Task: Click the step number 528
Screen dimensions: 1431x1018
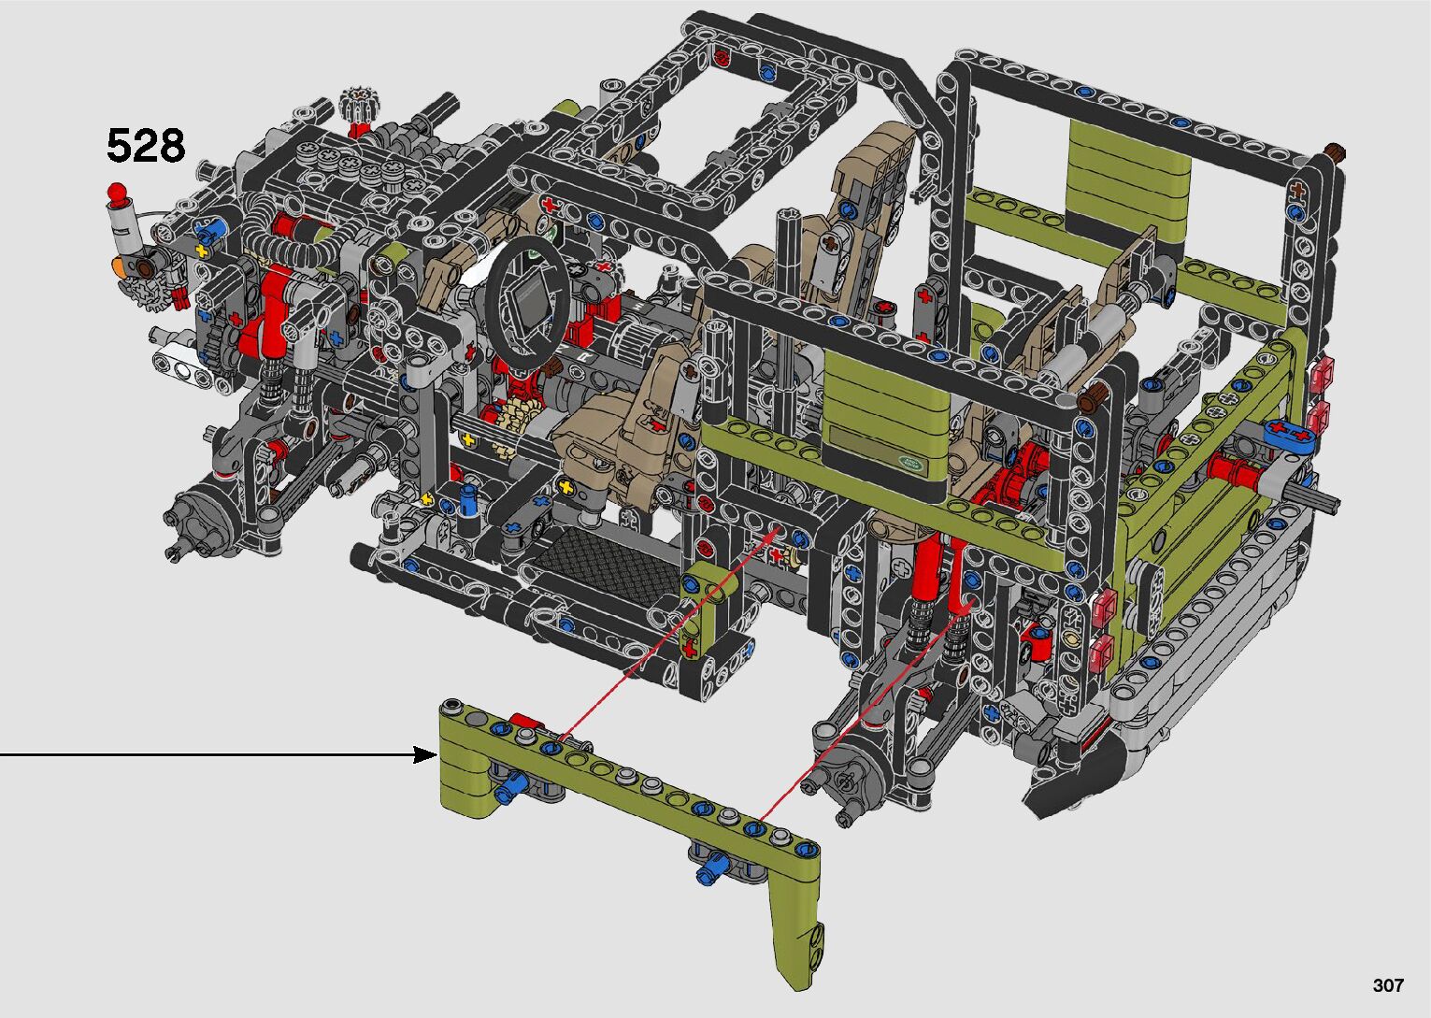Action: pyautogui.click(x=146, y=146)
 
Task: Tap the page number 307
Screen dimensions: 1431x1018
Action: pyautogui.click(x=1388, y=985)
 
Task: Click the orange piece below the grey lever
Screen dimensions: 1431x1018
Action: pyautogui.click(x=118, y=265)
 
